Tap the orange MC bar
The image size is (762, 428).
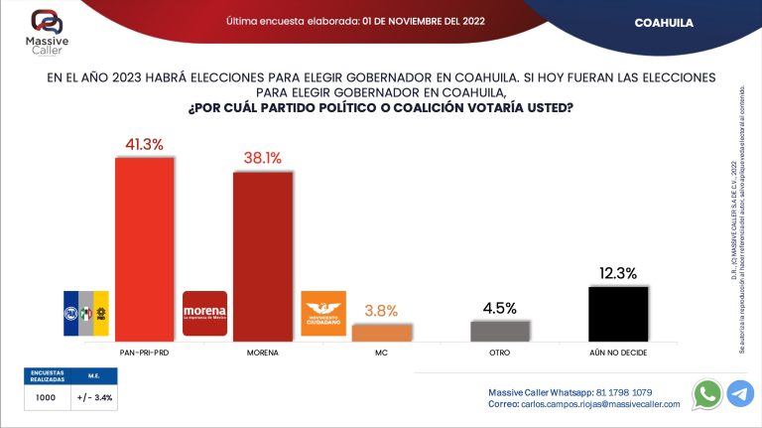coord(381,333)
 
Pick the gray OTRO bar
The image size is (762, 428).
coord(499,331)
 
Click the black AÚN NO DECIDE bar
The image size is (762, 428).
coord(617,314)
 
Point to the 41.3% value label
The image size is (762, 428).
coord(145,145)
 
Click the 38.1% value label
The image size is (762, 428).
coord(263,158)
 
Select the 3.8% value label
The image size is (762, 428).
coord(381,311)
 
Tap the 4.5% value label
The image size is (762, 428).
coord(499,308)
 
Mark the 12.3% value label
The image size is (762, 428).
coord(617,273)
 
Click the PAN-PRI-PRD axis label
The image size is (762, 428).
coord(145,353)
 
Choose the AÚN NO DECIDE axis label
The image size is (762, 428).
coord(617,353)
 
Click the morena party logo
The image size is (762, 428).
coord(205,315)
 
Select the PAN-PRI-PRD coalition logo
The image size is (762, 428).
coord(86,315)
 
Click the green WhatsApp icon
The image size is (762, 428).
coord(706,394)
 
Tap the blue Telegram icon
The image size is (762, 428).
coord(740,394)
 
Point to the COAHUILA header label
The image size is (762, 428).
coord(664,22)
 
